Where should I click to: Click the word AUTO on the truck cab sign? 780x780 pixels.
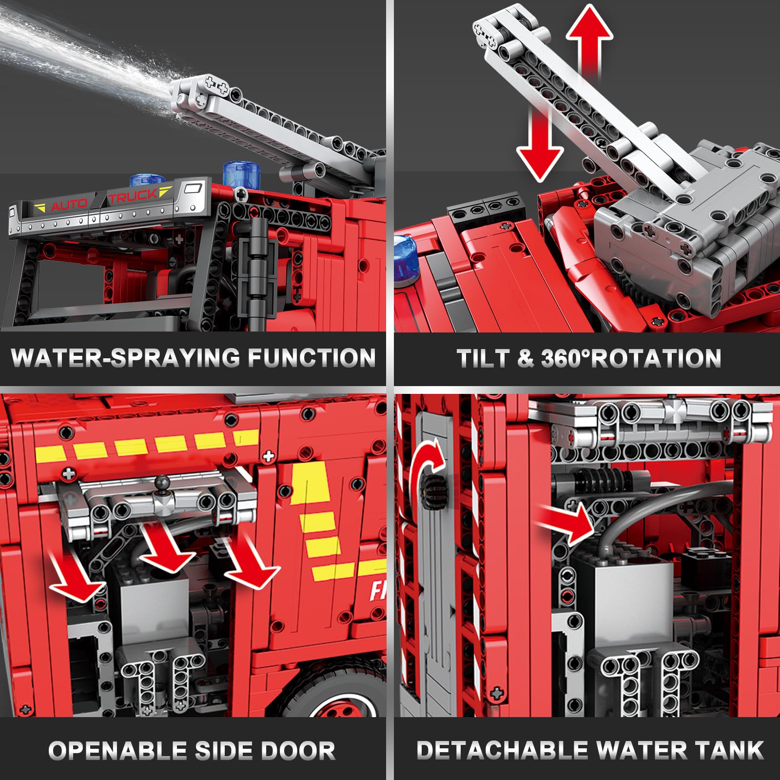click(x=69, y=205)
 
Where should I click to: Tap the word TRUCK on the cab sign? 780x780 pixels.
click(x=133, y=196)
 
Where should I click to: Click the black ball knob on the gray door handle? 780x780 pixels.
click(x=160, y=484)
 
